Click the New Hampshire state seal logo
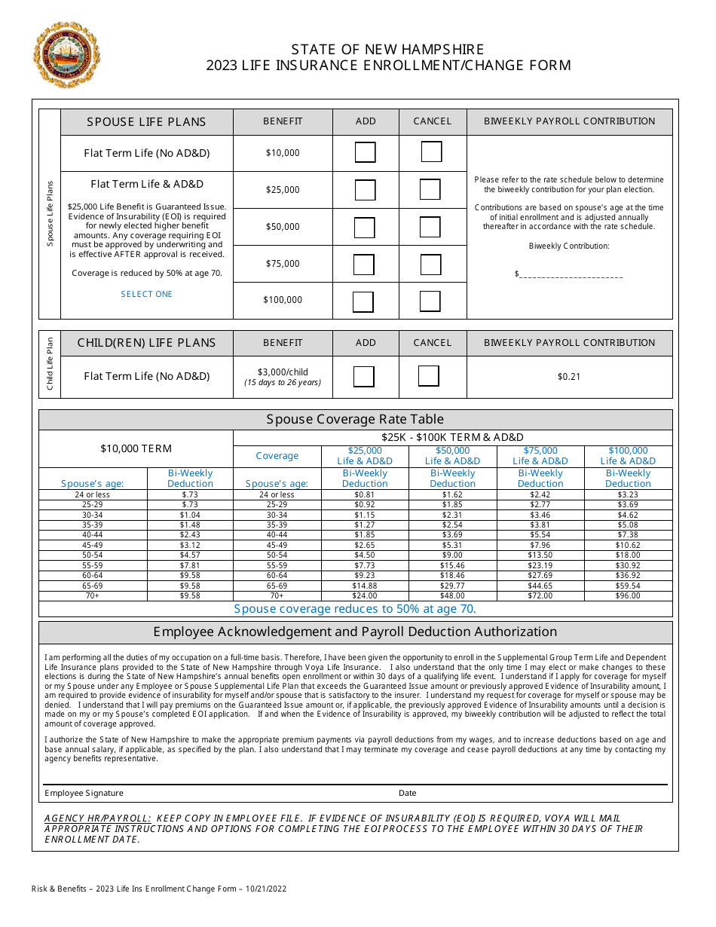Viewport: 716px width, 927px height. (x=66, y=54)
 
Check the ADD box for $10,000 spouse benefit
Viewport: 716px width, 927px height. (x=365, y=153)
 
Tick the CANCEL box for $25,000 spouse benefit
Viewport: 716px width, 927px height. (x=430, y=189)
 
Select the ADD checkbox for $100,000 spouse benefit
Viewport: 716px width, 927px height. (x=363, y=301)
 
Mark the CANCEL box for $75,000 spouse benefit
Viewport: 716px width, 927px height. (x=430, y=265)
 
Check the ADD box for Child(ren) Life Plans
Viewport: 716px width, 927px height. (x=364, y=376)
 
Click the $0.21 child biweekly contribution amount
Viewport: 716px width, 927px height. (x=569, y=377)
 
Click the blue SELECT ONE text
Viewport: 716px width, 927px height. (x=147, y=295)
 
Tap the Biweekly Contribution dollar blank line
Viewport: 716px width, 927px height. (x=570, y=274)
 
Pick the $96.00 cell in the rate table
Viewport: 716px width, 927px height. (x=628, y=595)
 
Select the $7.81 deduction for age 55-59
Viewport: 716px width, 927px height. (x=190, y=565)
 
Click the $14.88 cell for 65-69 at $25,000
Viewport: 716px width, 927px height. (x=365, y=586)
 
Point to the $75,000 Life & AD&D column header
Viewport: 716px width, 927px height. (x=540, y=456)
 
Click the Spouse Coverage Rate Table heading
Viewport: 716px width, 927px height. (x=355, y=419)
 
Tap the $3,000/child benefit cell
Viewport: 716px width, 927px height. (x=283, y=376)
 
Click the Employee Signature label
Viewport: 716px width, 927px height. (x=84, y=793)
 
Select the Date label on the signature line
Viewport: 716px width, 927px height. (x=407, y=793)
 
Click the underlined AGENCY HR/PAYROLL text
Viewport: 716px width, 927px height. (x=98, y=818)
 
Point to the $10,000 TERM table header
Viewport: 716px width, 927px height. (x=136, y=448)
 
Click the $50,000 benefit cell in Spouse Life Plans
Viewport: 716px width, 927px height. (x=283, y=227)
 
